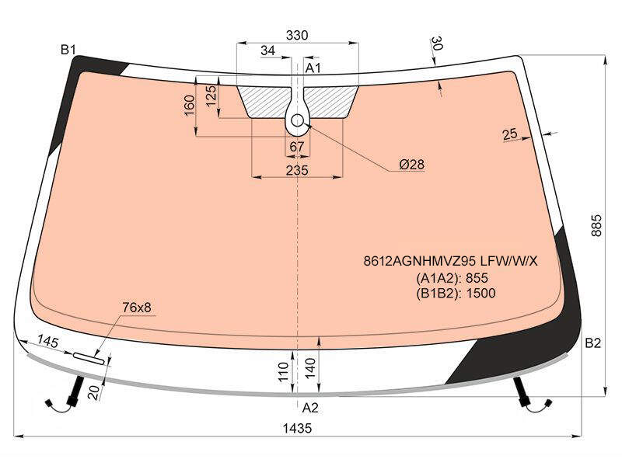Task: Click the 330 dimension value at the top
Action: [297, 35]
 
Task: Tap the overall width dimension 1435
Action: [298, 428]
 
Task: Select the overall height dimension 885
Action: [596, 225]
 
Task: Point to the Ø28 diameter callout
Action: [412, 164]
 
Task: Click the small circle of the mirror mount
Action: [298, 120]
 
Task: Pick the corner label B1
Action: [68, 50]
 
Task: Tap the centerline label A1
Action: [313, 68]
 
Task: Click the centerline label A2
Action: [310, 407]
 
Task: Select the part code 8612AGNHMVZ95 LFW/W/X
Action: [451, 261]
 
